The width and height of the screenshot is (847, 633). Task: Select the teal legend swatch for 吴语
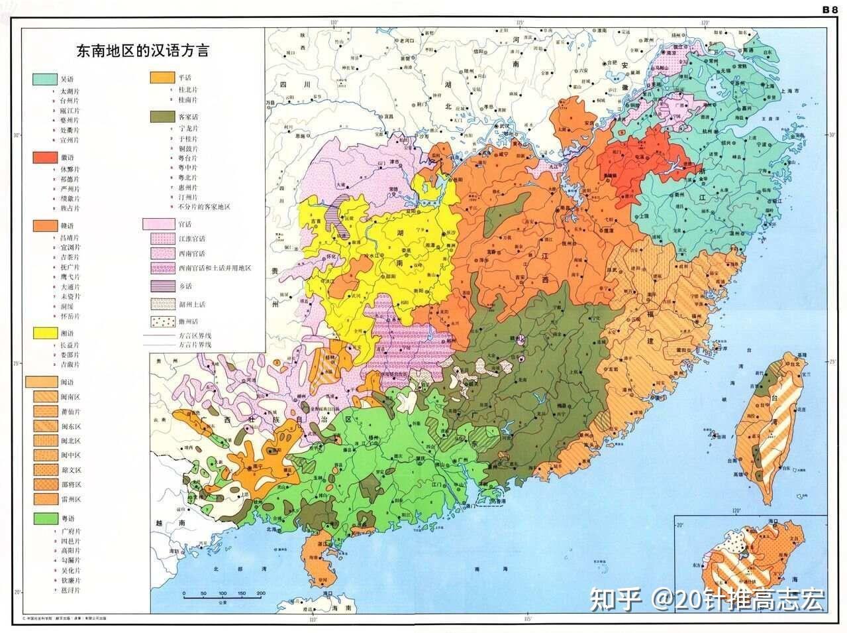tap(44, 79)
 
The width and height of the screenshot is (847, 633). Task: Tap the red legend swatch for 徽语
tap(44, 158)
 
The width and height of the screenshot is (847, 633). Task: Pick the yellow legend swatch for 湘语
tap(44, 333)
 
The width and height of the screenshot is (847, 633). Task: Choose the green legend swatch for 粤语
tap(44, 518)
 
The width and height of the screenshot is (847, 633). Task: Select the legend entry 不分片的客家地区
tap(203, 207)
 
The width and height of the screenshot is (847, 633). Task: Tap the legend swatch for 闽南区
tap(44, 397)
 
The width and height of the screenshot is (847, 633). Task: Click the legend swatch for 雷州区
tap(44, 499)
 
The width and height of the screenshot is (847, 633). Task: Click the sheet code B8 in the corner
tap(830, 9)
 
